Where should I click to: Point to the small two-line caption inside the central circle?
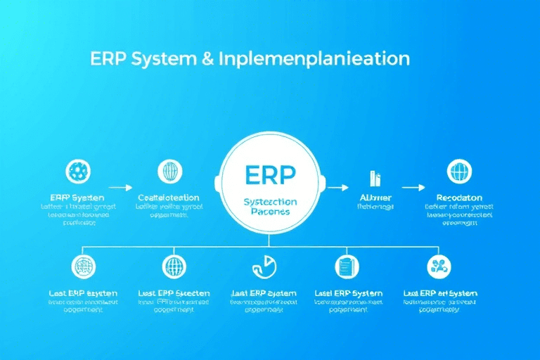pyautogui.click(x=271, y=207)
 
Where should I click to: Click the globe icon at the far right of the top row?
pyautogui.click(x=459, y=171)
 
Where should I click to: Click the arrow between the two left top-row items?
pyautogui.click(x=121, y=188)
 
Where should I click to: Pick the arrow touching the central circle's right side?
pyautogui.click(x=338, y=188)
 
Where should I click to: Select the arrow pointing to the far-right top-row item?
pyautogui.click(x=413, y=188)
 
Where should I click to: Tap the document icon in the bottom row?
pyautogui.click(x=345, y=266)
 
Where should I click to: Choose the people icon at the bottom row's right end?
pyautogui.click(x=438, y=266)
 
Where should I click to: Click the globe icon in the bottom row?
pyautogui.click(x=174, y=266)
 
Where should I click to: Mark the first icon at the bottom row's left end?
pyautogui.click(x=84, y=266)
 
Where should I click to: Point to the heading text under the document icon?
pyautogui.click(x=349, y=292)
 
